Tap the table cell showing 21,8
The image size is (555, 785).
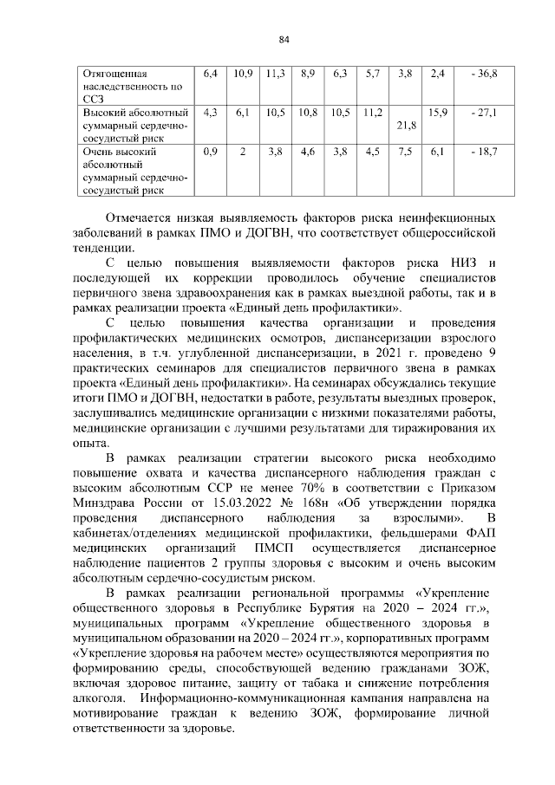(x=405, y=126)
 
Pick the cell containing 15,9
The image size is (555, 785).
(x=438, y=113)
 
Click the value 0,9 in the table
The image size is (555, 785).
(x=209, y=152)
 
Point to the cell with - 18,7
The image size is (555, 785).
(x=483, y=152)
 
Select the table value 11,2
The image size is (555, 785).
(x=374, y=113)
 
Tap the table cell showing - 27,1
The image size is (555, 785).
(x=483, y=113)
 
